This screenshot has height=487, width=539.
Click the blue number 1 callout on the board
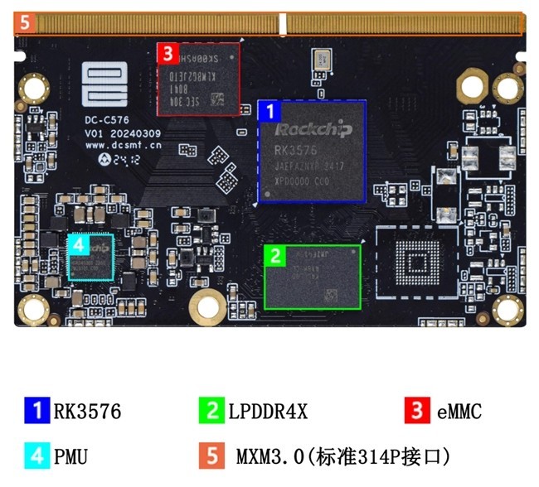(268, 110)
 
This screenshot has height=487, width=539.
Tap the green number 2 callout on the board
(274, 253)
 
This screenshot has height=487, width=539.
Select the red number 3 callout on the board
(167, 54)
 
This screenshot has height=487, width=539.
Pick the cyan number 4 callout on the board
(77, 244)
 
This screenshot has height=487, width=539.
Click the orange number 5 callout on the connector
(24, 23)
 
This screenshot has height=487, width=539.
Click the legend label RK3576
(87, 411)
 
